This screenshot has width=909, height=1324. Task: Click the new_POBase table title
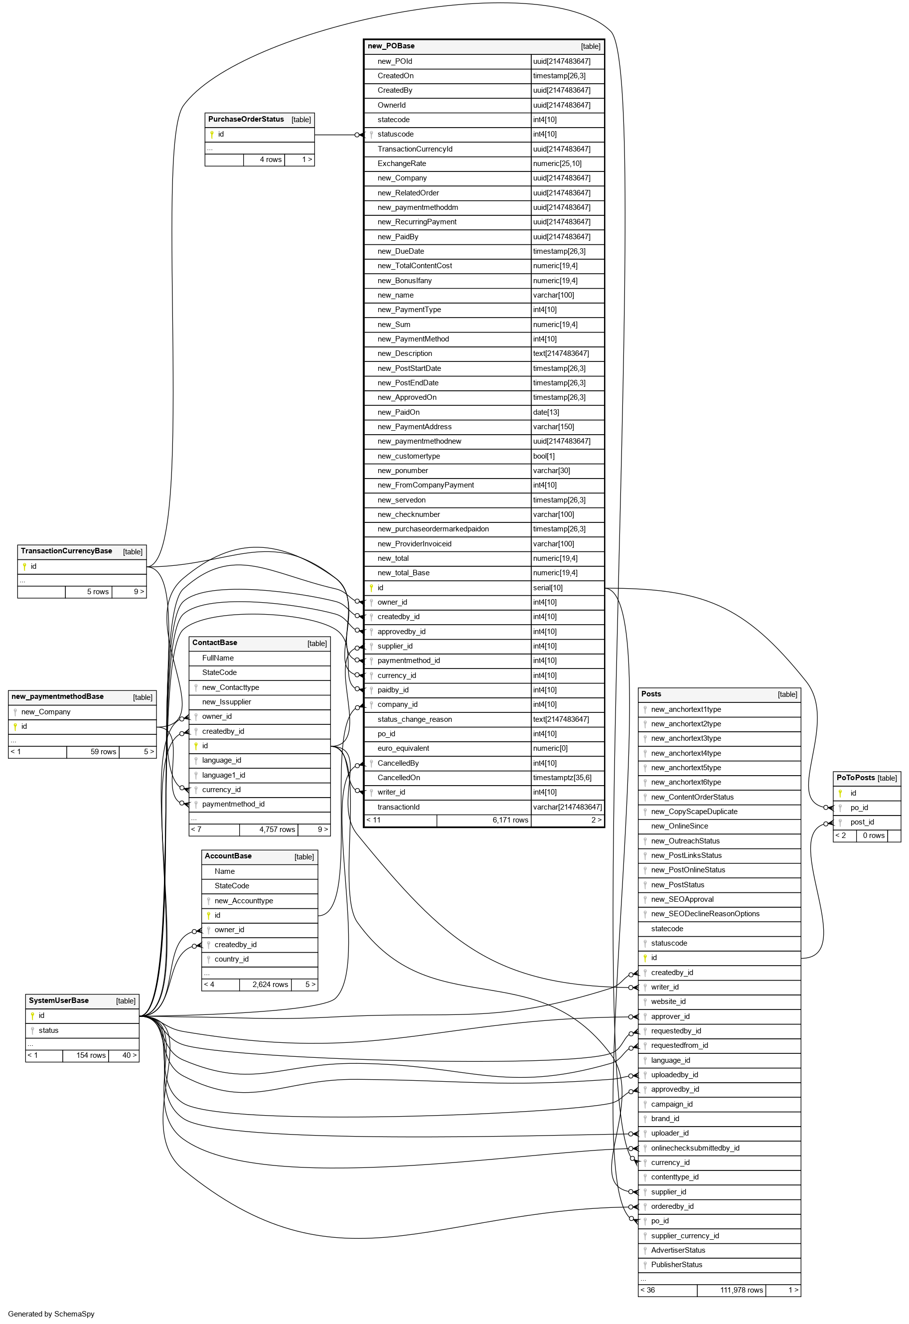click(391, 46)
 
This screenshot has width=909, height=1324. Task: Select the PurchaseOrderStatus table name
click(246, 120)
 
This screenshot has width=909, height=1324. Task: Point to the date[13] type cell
click(546, 412)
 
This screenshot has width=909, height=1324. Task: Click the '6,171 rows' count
click(510, 821)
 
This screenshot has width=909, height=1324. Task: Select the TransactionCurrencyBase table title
click(67, 551)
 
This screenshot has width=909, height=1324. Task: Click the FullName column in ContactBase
click(218, 658)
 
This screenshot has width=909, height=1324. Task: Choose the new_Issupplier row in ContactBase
click(227, 702)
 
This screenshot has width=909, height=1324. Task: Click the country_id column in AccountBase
click(232, 960)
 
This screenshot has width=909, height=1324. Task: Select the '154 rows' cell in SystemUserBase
click(91, 1056)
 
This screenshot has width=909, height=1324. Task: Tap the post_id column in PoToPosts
click(862, 822)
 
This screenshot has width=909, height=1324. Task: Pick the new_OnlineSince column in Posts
click(679, 826)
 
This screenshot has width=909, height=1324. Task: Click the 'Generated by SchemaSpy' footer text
click(51, 1315)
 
